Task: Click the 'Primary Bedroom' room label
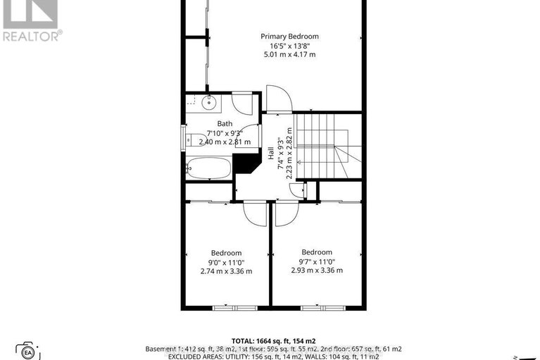pyautogui.click(x=289, y=37)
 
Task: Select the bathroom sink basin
pyautogui.click(x=209, y=104)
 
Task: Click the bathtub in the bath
pyautogui.click(x=208, y=168)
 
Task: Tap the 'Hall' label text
pyautogui.click(x=270, y=153)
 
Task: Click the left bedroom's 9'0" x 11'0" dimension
pyautogui.click(x=226, y=262)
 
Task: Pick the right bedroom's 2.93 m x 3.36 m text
pyautogui.click(x=316, y=271)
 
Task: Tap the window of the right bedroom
pyautogui.click(x=315, y=307)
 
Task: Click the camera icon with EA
pyautogui.click(x=28, y=352)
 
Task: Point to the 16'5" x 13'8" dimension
pyautogui.click(x=289, y=46)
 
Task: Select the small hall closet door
pyautogui.click(x=303, y=190)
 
